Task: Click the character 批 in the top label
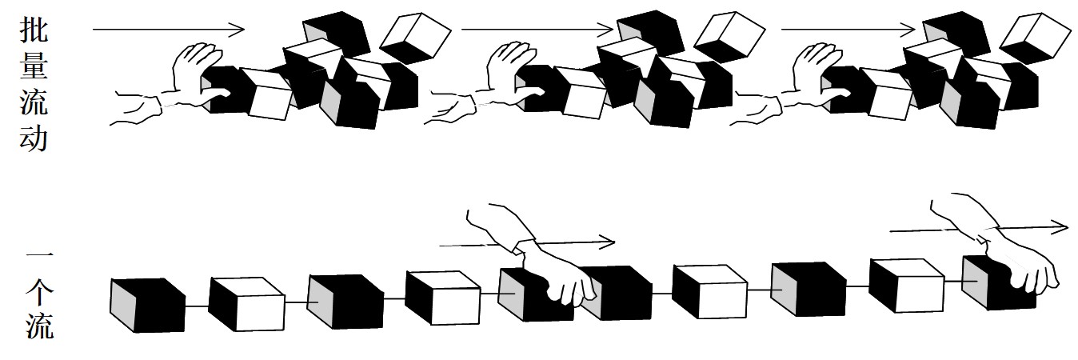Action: click(34, 30)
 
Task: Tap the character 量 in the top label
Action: click(34, 66)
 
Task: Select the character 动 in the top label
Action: click(34, 138)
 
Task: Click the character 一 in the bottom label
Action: click(39, 254)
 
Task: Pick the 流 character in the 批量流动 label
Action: click(34, 102)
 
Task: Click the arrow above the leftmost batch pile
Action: click(169, 29)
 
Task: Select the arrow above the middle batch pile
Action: click(537, 29)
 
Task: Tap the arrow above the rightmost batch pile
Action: click(848, 29)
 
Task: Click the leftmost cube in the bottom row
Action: click(148, 305)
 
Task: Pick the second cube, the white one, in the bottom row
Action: click(246, 304)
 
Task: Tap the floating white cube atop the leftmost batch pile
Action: click(415, 38)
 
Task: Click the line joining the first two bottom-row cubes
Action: click(197, 305)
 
